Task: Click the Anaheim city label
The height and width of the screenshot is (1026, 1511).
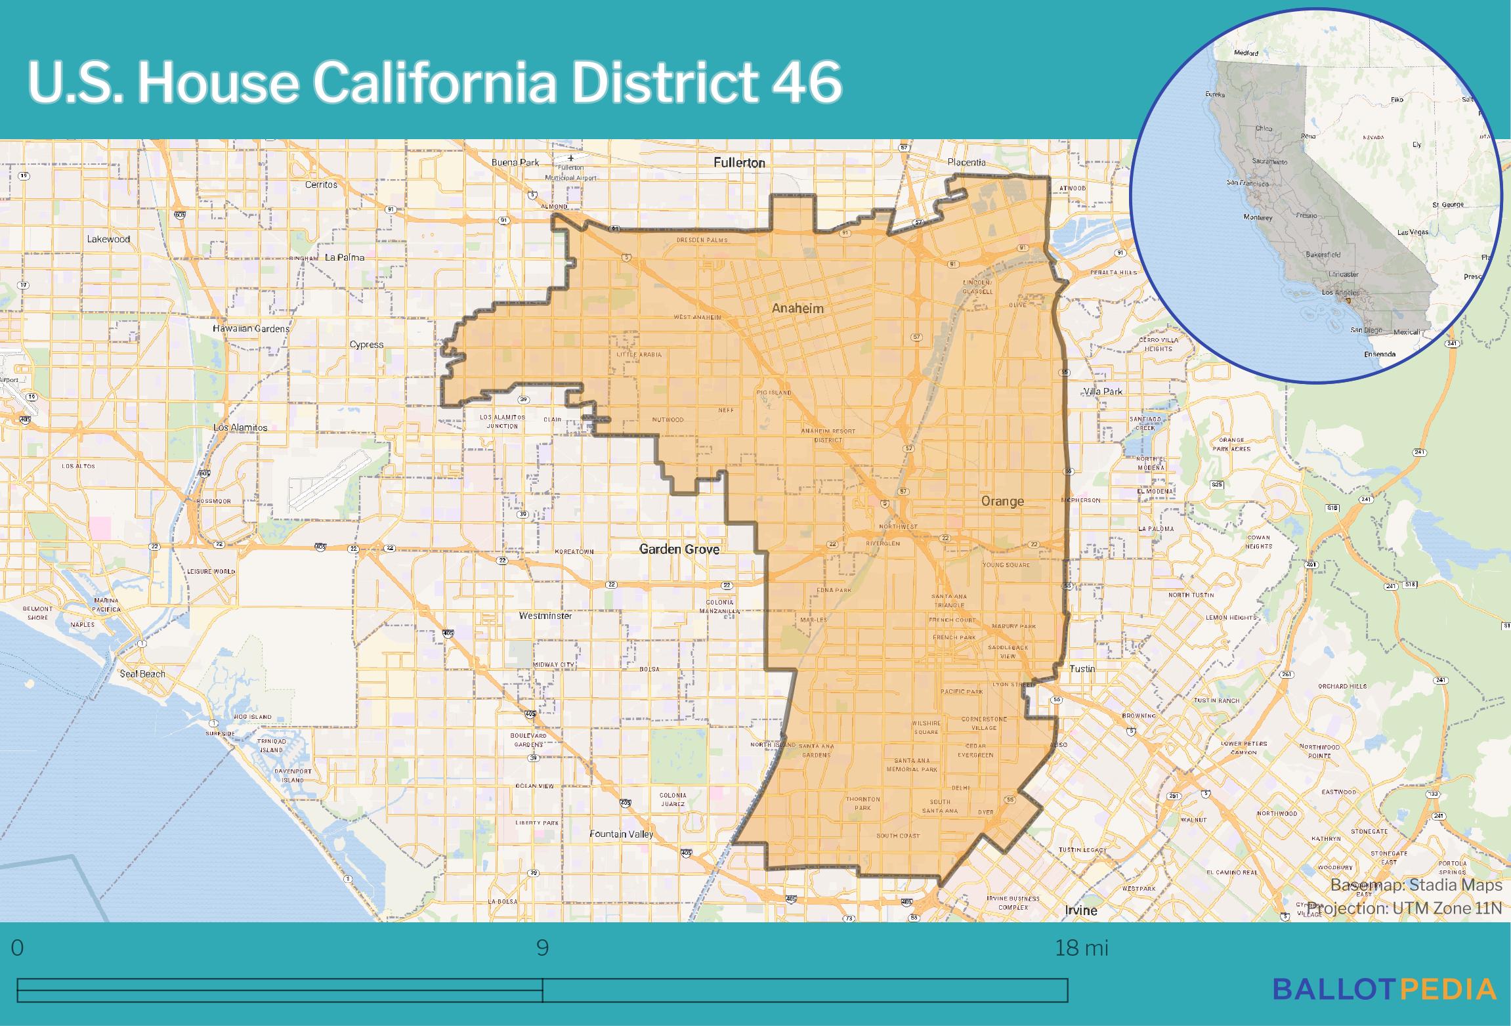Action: point(797,308)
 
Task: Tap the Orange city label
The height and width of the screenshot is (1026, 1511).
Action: point(1002,502)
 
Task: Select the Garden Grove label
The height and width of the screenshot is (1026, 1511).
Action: point(679,549)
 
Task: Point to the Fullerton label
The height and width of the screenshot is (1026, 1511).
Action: point(739,162)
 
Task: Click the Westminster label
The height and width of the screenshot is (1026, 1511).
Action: point(545,616)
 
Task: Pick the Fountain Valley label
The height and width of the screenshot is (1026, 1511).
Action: point(621,834)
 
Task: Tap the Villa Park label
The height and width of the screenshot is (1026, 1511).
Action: point(1103,391)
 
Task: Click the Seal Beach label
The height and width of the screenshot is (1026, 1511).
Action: point(142,673)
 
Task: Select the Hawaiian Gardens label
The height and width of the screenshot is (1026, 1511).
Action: point(251,328)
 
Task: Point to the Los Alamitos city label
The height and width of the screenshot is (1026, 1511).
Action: point(240,427)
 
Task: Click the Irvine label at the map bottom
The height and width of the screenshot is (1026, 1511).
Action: point(1080,910)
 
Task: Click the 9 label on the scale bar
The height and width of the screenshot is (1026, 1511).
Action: point(542,949)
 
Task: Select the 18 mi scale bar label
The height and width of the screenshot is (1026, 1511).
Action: point(1081,949)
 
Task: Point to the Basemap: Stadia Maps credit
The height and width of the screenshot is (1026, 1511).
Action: point(1416,885)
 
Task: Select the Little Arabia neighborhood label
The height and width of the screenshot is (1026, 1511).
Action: point(639,354)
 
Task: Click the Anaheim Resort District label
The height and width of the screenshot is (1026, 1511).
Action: point(828,435)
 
